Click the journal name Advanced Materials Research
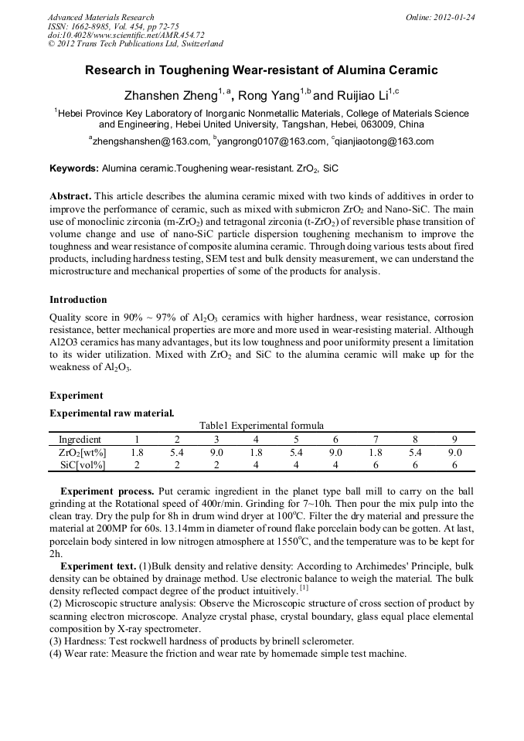pos(100,17)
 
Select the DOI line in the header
pos(125,35)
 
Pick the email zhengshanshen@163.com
pos(151,141)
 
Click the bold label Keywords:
pos(74,168)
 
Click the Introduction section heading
pos(78,299)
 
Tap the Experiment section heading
pos(77,395)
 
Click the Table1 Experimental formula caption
pos(261,425)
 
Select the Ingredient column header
pos(80,439)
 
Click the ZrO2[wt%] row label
pos(83,452)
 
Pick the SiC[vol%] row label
pos(83,464)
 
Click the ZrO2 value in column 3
pos(216,452)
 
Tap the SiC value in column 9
pos(454,464)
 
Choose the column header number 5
pos(295,439)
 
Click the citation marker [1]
pos(305,588)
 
